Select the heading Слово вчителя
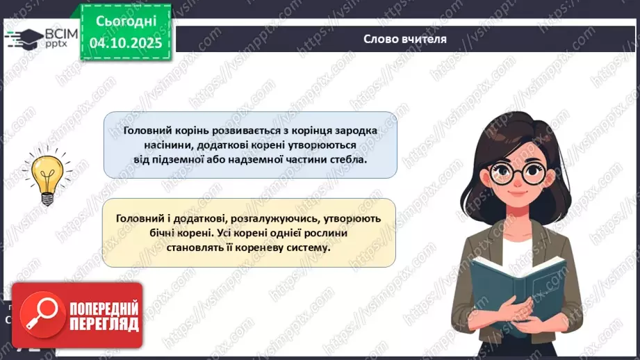pos(405,39)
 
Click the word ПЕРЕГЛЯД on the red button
pos(104,324)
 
